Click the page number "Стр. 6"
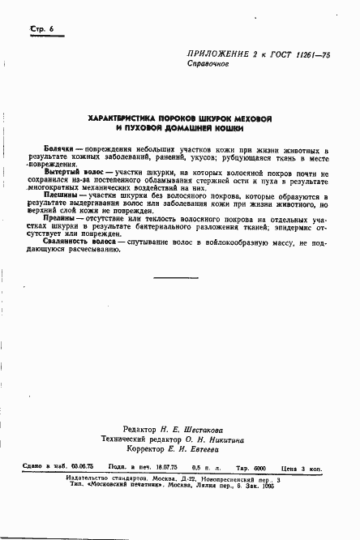pos(41,28)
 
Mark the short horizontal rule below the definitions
pos(175,277)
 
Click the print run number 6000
pos(244,469)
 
